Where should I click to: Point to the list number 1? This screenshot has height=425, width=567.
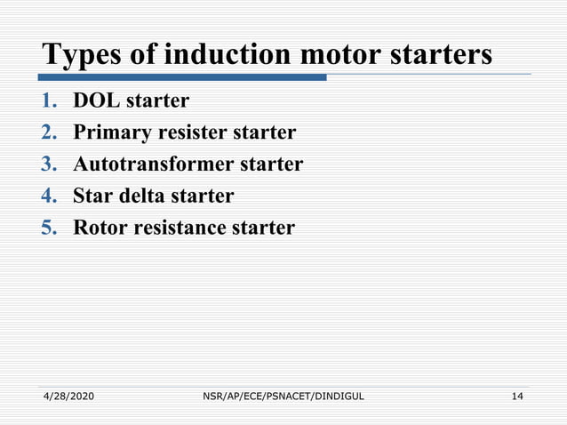[x=50, y=100]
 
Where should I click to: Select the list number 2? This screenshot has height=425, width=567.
[x=50, y=132]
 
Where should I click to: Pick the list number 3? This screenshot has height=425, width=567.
[x=50, y=164]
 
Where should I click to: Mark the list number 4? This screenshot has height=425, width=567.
[x=50, y=196]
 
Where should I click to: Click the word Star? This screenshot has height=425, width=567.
[x=93, y=196]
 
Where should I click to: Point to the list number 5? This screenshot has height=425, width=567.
[x=50, y=228]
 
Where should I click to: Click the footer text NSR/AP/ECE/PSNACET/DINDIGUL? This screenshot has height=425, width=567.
[x=283, y=395]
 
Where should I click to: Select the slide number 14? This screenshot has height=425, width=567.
[x=516, y=395]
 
